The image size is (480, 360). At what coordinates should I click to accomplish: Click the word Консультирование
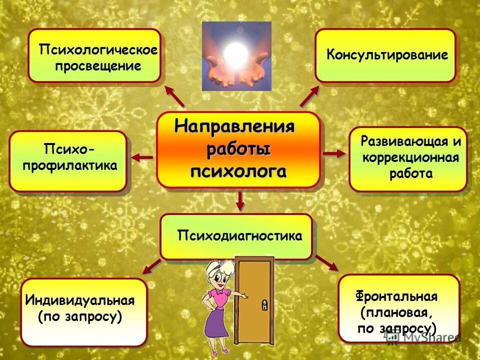[387, 55]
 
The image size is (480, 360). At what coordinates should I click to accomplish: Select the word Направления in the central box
[234, 126]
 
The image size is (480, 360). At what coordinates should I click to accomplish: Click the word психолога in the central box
[239, 171]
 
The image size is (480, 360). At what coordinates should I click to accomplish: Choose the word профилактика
[69, 165]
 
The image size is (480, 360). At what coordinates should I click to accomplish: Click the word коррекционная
[410, 157]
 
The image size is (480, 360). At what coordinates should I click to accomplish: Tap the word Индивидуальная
[80, 301]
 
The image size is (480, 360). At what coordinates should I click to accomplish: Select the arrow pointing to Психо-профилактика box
[142, 158]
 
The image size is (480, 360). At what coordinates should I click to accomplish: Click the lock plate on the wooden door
[263, 303]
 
